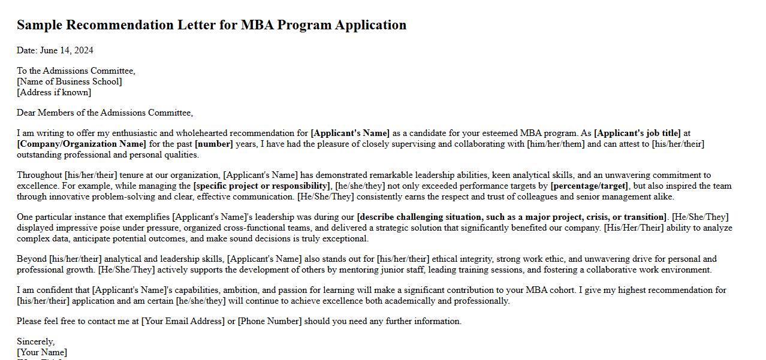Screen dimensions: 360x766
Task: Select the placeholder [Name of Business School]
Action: pos(69,81)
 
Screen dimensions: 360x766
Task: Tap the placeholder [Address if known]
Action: pos(54,92)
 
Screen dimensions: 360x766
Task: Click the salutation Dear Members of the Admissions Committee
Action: pos(105,113)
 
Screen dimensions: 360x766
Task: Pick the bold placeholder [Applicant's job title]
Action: pos(637,133)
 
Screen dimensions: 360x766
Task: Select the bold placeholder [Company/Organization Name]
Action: pos(81,144)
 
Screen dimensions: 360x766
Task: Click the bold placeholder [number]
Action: pos(213,144)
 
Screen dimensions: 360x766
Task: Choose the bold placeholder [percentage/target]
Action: pos(589,186)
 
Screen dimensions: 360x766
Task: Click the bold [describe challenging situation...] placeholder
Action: pos(511,217)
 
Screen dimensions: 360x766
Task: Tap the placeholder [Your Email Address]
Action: pos(183,321)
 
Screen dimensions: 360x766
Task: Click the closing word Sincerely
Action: pos(35,341)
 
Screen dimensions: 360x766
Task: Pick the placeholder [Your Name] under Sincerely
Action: pos(42,352)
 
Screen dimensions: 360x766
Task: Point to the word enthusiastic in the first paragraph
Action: pos(130,133)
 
